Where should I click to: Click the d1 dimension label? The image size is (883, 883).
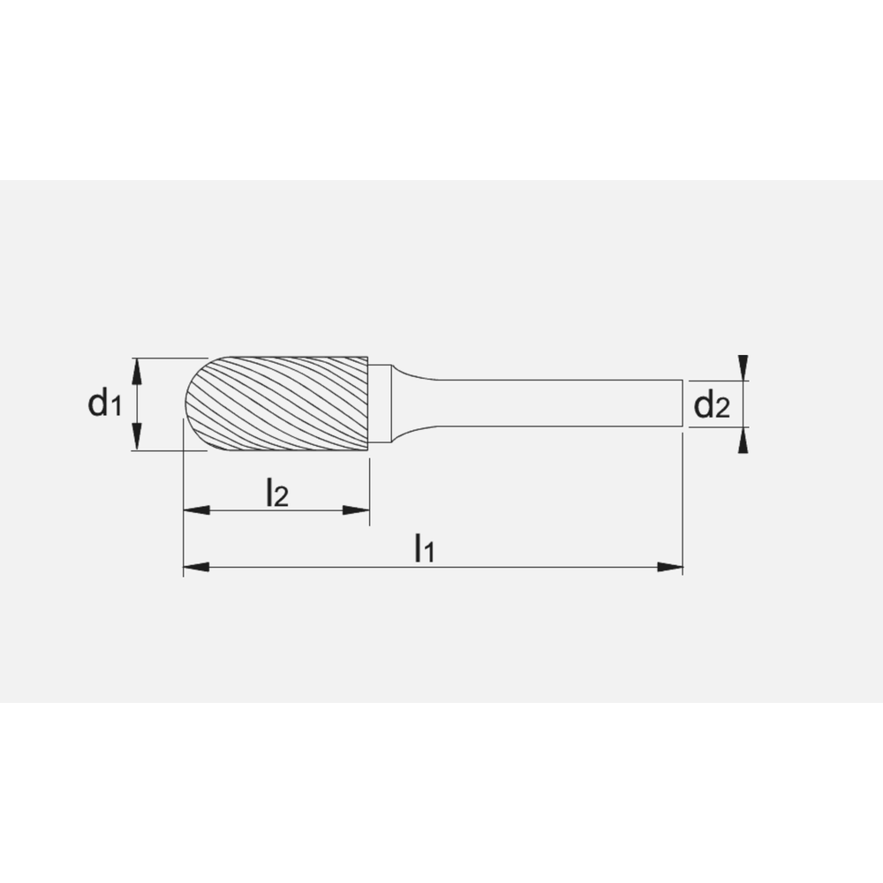(103, 404)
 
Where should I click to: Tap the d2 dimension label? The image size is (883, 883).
(712, 405)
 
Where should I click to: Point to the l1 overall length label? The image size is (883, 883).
(425, 549)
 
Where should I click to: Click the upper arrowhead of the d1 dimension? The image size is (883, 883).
(137, 370)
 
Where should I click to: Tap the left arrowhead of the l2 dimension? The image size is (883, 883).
(195, 510)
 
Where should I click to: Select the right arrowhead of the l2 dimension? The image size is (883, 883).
(356, 510)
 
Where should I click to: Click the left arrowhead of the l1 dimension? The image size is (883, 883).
(195, 567)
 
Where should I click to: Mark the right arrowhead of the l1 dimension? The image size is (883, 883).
(670, 567)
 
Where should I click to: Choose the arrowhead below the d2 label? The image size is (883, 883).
(743, 441)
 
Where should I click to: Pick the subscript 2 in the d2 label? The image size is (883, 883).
(723, 409)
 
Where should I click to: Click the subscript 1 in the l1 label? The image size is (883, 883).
(430, 554)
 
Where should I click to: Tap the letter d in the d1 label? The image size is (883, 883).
(96, 403)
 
